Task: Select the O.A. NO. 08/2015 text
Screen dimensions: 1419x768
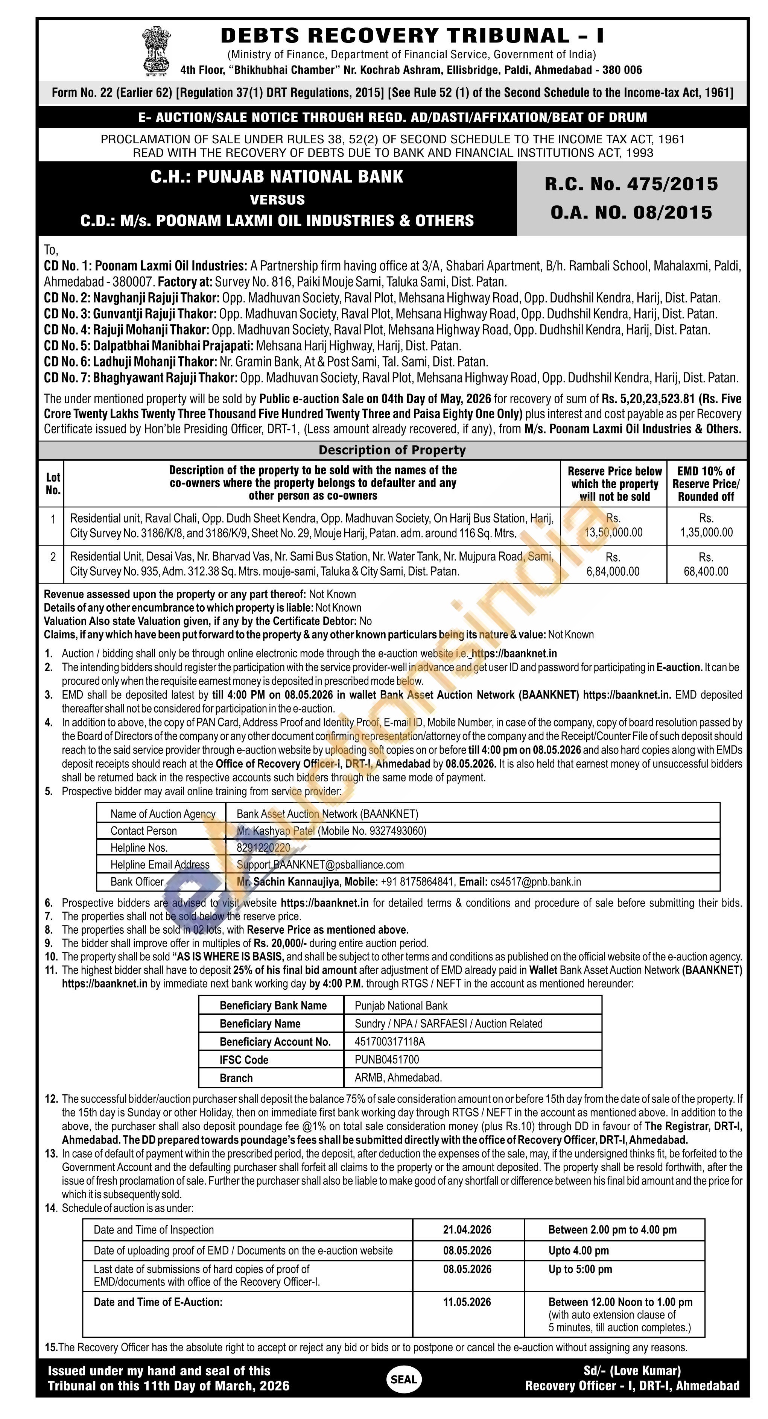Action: click(x=631, y=213)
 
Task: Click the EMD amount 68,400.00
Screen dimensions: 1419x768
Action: click(x=706, y=571)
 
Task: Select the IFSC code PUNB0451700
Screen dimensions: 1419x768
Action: click(x=387, y=1059)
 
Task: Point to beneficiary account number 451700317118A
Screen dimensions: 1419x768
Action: click(x=389, y=1041)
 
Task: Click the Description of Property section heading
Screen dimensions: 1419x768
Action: click(x=392, y=450)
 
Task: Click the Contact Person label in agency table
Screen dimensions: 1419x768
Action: click(x=143, y=831)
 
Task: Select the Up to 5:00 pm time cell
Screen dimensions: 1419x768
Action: click(x=580, y=1269)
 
